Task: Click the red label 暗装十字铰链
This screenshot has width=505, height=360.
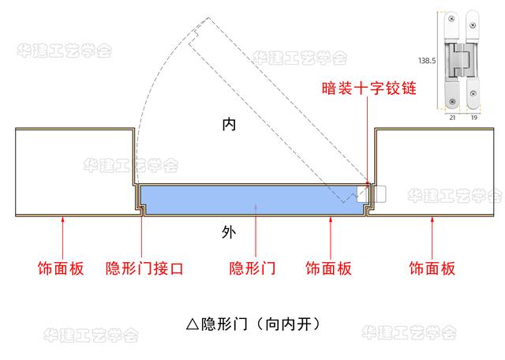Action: pyautogui.click(x=368, y=88)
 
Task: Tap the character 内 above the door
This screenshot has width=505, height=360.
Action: pyautogui.click(x=229, y=124)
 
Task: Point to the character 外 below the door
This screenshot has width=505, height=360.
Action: pyautogui.click(x=229, y=232)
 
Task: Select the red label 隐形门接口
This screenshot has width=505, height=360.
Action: pyautogui.click(x=144, y=268)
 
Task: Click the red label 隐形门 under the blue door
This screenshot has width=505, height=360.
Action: pyautogui.click(x=252, y=268)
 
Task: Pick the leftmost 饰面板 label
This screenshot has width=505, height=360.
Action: pyautogui.click(x=61, y=268)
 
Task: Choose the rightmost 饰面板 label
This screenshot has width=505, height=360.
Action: pyautogui.click(x=432, y=268)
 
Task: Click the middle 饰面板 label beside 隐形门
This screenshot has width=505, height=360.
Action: pyautogui.click(x=328, y=268)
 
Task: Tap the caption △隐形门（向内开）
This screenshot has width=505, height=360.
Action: pyautogui.click(x=253, y=324)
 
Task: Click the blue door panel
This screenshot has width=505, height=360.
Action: pyautogui.click(x=251, y=200)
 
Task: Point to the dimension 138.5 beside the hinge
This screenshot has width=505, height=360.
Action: pyautogui.click(x=427, y=61)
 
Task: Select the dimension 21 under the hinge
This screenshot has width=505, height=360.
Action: pyautogui.click(x=452, y=118)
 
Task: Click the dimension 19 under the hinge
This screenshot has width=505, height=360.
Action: pyautogui.click(x=473, y=118)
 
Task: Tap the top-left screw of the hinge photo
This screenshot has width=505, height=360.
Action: pyautogui.click(x=451, y=19)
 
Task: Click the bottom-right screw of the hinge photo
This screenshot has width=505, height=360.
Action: pyautogui.click(x=473, y=94)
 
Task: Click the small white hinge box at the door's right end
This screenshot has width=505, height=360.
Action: pyautogui.click(x=371, y=194)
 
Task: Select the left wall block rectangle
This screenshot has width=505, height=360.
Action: pyautogui.click(x=75, y=172)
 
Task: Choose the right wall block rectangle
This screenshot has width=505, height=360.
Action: pyautogui.click(x=434, y=172)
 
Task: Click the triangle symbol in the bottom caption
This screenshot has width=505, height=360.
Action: pyautogui.click(x=193, y=324)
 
